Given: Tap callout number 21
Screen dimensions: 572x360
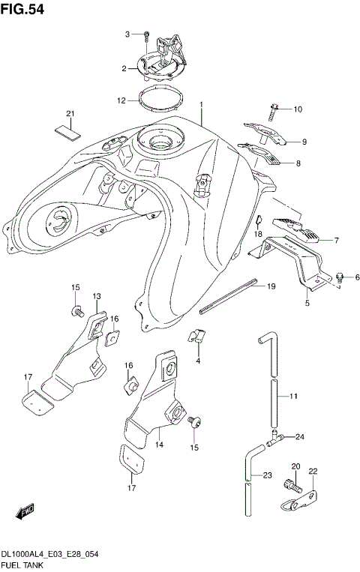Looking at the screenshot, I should click(71, 114).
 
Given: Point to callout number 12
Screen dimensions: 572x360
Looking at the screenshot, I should click(121, 100).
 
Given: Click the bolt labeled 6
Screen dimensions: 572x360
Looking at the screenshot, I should click(340, 277).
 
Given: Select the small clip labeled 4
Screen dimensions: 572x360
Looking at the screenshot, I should click(199, 338).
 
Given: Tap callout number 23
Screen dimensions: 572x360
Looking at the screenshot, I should click(268, 474).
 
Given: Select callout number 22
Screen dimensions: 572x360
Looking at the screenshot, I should click(313, 471).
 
